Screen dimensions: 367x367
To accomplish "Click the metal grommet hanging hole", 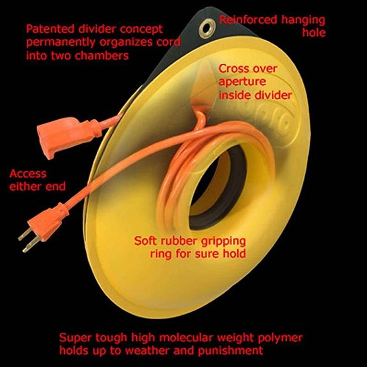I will (x=205, y=28).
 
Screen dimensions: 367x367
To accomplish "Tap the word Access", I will (x=28, y=174).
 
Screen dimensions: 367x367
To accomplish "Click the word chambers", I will (x=107, y=55).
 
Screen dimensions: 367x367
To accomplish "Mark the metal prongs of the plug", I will (x=25, y=241).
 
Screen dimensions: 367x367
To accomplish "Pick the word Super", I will (x=73, y=339).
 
